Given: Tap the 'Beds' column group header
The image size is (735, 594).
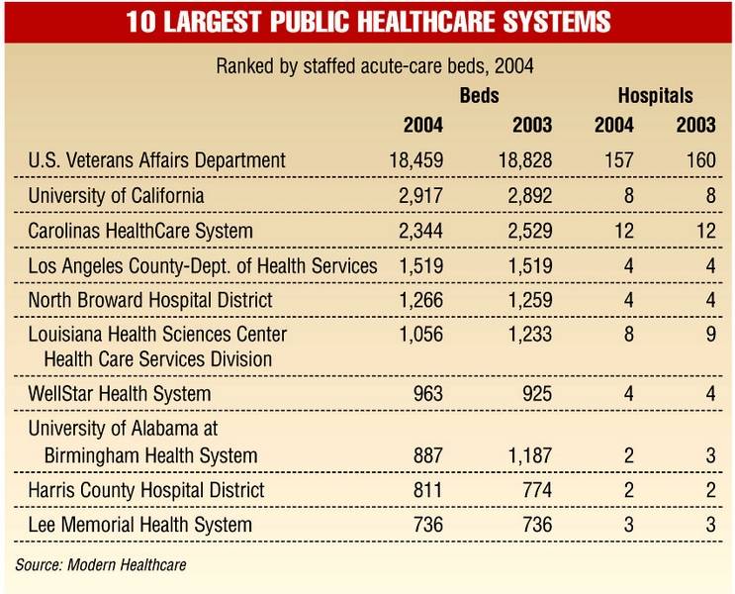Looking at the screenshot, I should coord(479,96).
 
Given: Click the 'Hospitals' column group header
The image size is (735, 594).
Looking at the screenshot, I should coord(655,96).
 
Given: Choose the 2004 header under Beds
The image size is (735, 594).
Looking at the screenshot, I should coord(422,126).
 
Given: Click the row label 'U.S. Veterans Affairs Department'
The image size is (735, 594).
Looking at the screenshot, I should coord(157,159).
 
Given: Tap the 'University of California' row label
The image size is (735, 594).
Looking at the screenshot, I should coord(117,195).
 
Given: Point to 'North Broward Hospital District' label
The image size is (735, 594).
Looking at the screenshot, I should coord(150,300).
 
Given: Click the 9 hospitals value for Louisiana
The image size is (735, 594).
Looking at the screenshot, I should coord(709,336).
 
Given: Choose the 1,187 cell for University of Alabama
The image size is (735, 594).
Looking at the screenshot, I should coord(525,455).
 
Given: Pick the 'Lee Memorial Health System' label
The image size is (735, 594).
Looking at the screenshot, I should coord(140,525).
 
